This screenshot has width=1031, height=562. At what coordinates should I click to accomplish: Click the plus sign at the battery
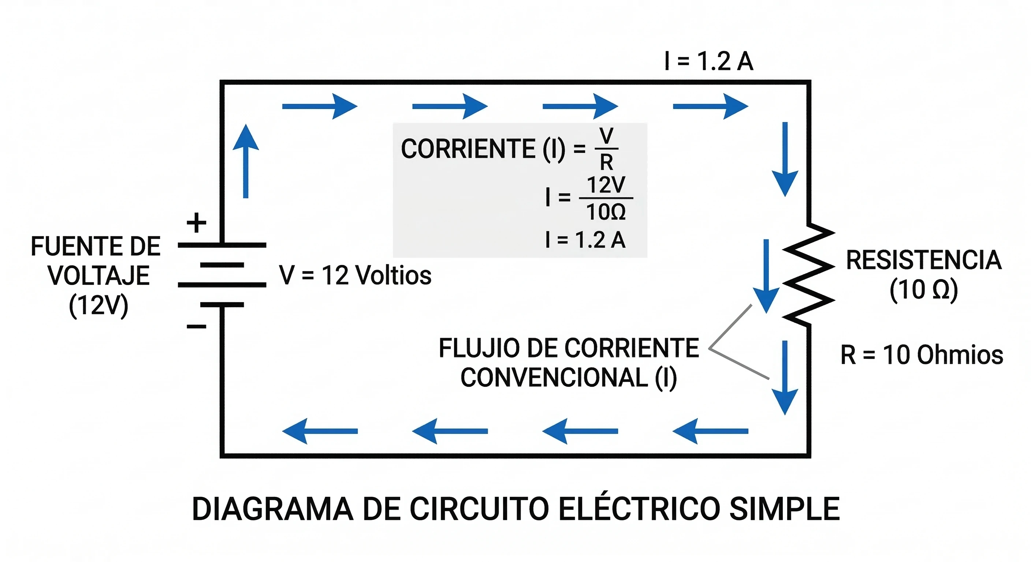coord(196,223)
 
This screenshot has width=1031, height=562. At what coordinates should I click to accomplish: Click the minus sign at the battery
coord(196,327)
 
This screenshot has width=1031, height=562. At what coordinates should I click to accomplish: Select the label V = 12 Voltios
coord(355,275)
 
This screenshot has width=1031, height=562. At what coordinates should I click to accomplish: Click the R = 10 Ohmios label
coord(921,355)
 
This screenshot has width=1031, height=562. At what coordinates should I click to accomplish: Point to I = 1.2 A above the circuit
coord(709,61)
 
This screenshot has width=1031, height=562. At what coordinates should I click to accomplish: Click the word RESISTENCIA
coord(924,261)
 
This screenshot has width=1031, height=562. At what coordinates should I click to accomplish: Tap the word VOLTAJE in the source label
coord(99,276)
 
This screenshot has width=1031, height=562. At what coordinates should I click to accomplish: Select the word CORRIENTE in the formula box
coord(468,149)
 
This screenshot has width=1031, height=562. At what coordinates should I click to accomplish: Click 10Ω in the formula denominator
coord(606,212)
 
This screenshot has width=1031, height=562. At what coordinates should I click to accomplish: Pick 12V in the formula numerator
coord(606,185)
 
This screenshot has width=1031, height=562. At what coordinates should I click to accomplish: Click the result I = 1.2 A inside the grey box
coord(585,240)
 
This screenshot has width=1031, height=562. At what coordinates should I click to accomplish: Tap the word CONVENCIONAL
coord(554,377)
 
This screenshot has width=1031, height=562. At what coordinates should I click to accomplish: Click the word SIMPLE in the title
coord(784,509)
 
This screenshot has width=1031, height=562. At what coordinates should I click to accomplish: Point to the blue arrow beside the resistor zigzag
coord(766,276)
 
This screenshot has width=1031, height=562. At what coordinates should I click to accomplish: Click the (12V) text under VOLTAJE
coord(98,306)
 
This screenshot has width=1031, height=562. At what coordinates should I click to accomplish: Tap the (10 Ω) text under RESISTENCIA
coord(923,290)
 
